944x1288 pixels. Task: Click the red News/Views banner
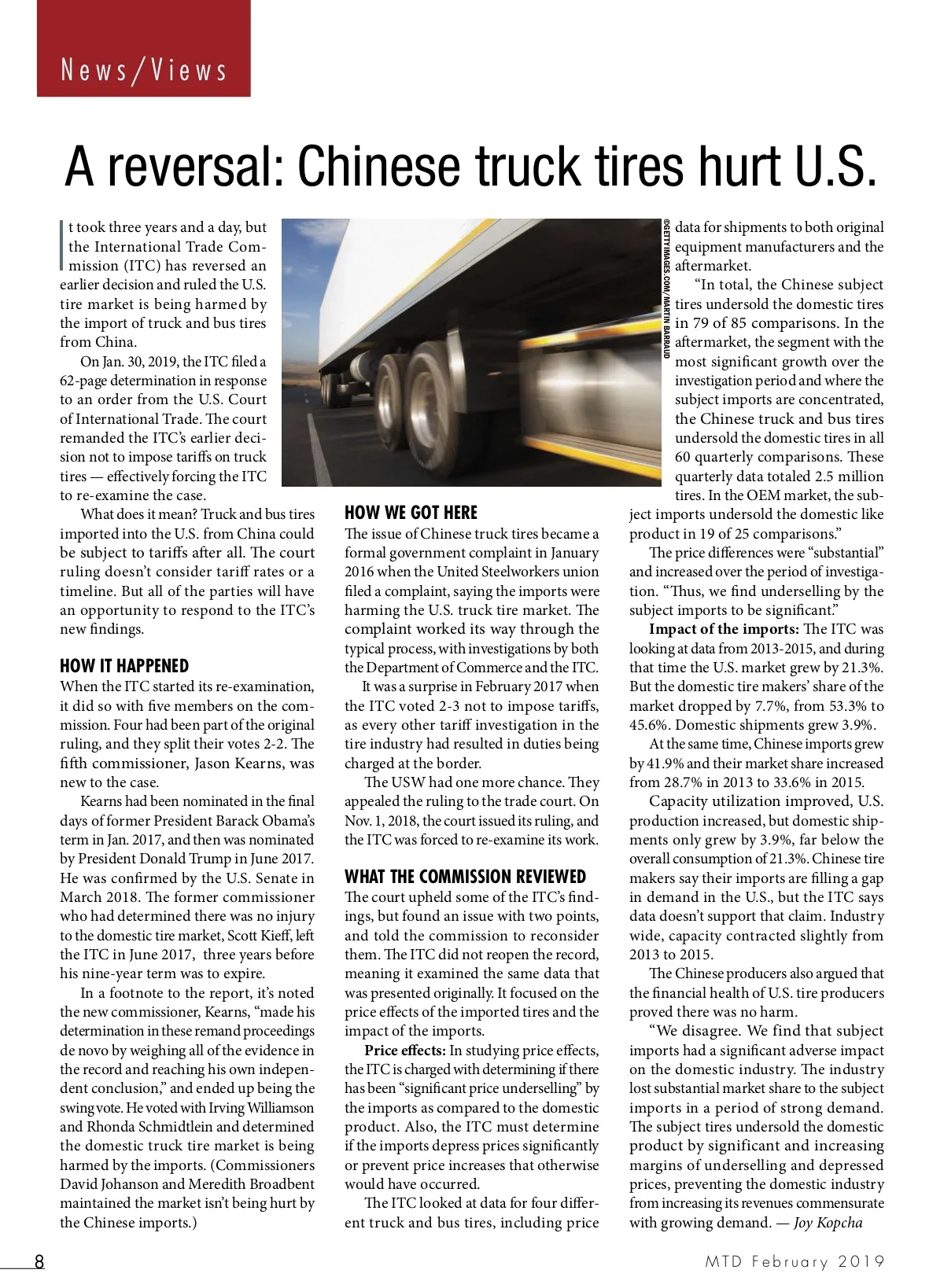144,49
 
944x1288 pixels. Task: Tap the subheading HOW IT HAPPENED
124,666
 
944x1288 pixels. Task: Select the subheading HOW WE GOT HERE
411,513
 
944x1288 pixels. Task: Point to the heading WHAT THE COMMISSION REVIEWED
465,877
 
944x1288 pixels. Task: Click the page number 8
39,1261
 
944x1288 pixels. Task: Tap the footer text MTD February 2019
795,1262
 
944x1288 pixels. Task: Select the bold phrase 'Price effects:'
405,1051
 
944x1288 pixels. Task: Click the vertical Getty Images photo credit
666,289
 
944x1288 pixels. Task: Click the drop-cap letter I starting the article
62,246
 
